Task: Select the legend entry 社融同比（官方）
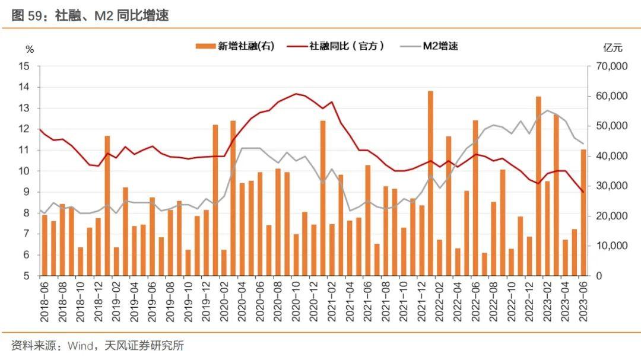coord(347,46)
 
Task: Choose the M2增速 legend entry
coord(440,46)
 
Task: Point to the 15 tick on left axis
coord(24,66)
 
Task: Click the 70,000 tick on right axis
coord(611,66)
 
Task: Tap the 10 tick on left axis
coord(24,171)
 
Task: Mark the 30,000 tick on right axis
coord(611,186)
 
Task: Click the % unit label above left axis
coord(30,49)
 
